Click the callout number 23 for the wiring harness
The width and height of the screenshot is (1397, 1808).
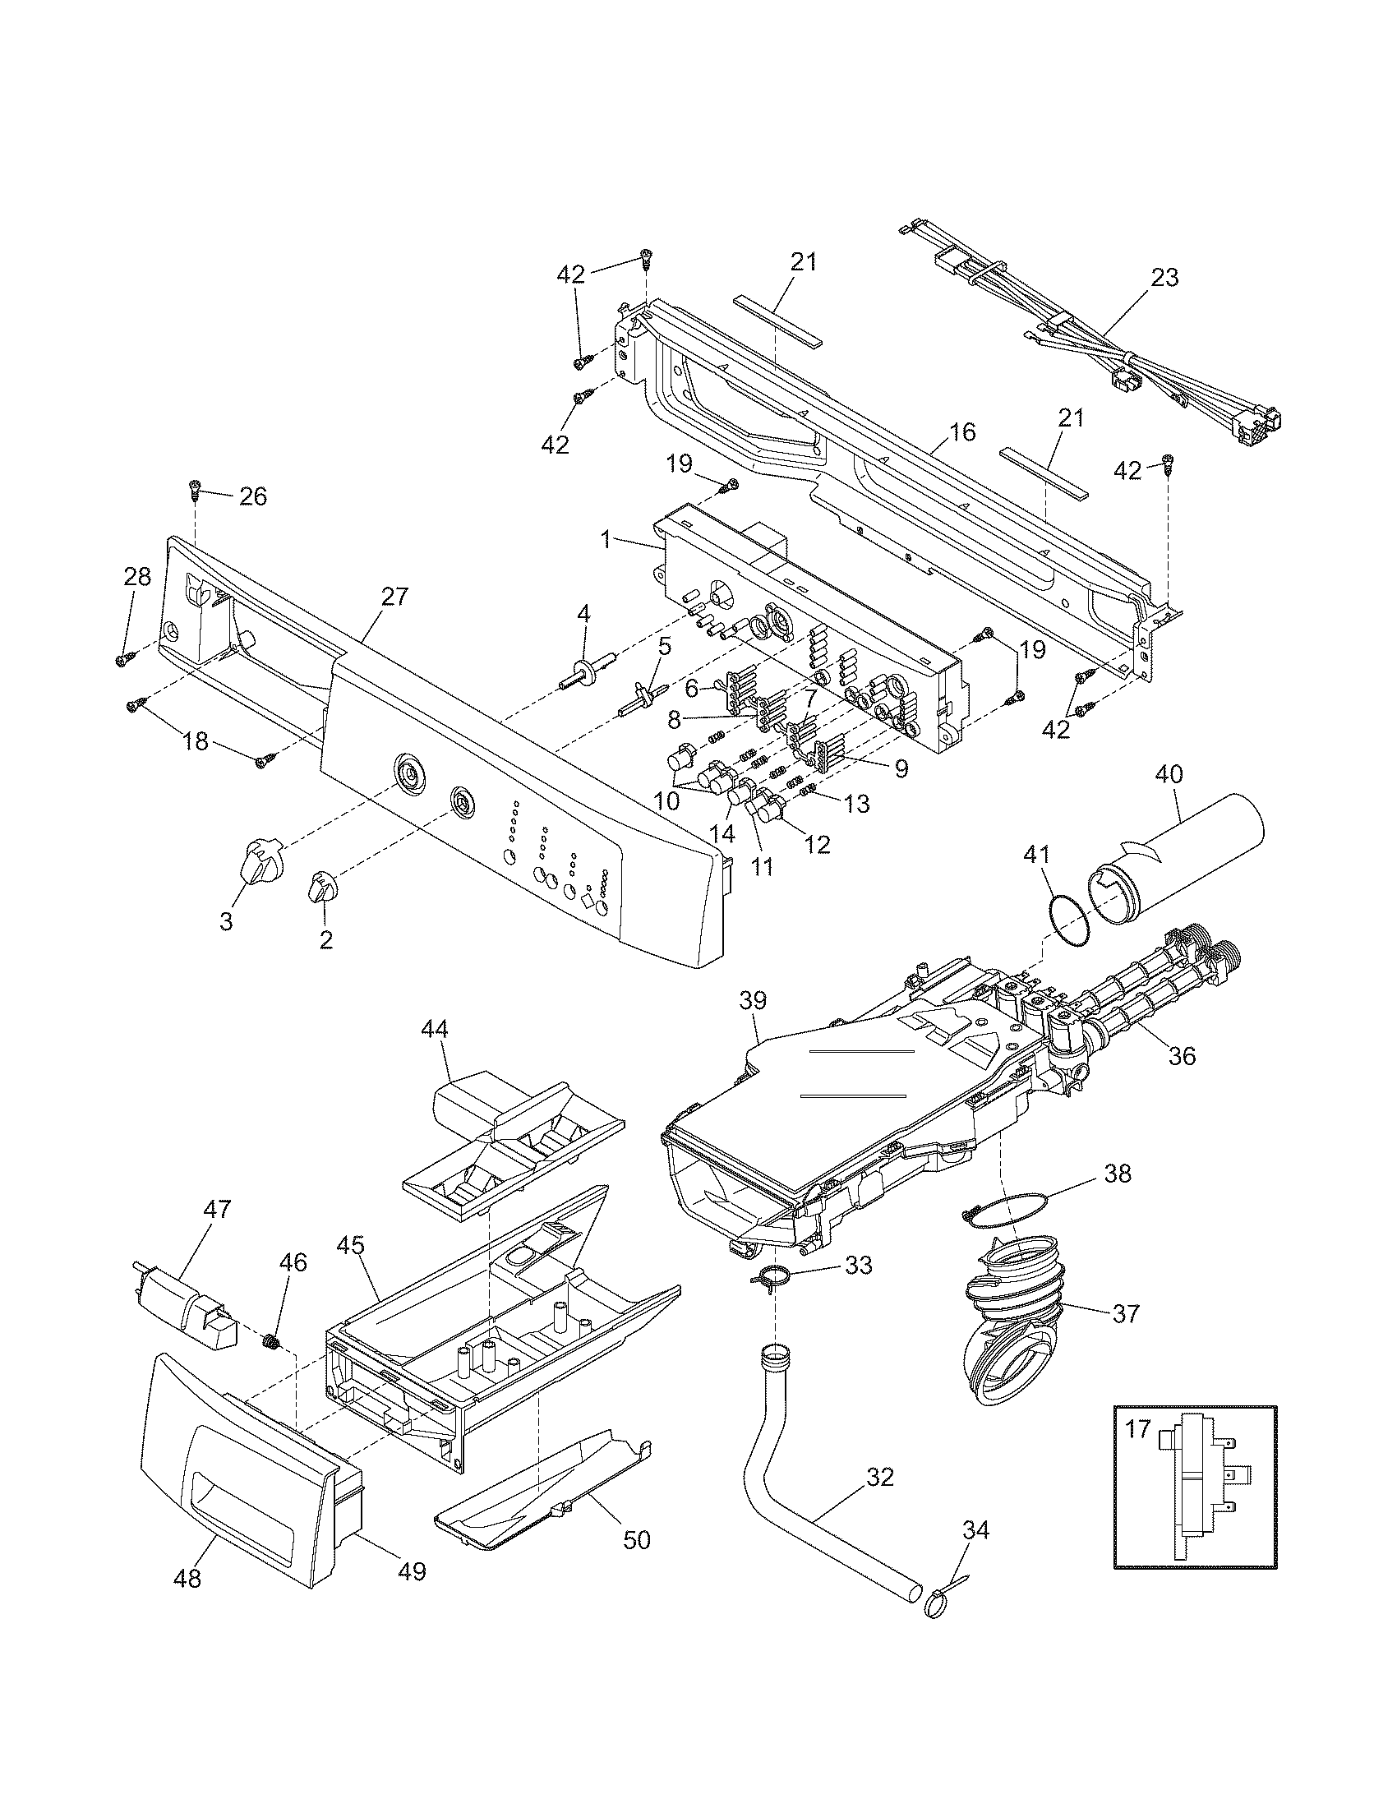[1164, 277]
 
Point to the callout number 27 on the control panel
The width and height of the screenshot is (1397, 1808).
[394, 595]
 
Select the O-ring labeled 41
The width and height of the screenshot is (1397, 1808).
[1067, 920]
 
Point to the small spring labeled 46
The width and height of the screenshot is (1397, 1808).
[269, 1342]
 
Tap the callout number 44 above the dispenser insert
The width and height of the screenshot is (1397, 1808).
[435, 1029]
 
